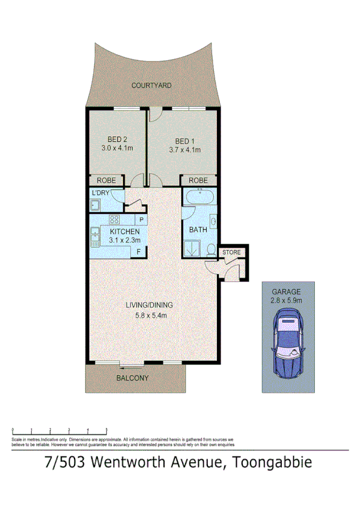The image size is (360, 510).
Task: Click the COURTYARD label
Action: click(151, 85)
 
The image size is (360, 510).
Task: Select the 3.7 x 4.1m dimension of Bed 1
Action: click(184, 150)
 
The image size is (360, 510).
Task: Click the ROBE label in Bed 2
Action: click(106, 180)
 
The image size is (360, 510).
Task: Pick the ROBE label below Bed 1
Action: click(198, 180)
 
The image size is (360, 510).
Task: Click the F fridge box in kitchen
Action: click(139, 251)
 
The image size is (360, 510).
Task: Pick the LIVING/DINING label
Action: click(150, 305)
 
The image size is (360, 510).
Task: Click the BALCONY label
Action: click(132, 378)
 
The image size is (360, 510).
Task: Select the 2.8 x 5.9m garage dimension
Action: click(287, 300)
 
